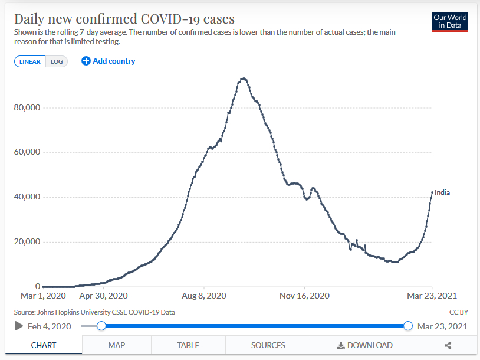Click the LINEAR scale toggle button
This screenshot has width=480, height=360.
pyautogui.click(x=30, y=61)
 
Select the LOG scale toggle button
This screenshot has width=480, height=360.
pyautogui.click(x=57, y=61)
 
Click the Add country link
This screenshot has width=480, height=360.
pyautogui.click(x=109, y=61)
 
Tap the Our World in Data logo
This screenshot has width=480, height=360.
pyautogui.click(x=450, y=22)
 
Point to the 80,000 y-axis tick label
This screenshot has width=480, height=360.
pyautogui.click(x=27, y=108)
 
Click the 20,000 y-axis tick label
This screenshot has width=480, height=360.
pyautogui.click(x=27, y=241)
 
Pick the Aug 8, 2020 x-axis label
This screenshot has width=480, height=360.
pyautogui.click(x=203, y=296)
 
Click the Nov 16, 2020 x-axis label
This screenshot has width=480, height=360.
pyautogui.click(x=304, y=296)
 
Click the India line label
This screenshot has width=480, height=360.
pyautogui.click(x=442, y=192)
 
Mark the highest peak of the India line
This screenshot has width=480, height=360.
pyautogui.click(x=243, y=78)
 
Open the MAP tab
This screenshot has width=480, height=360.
pyautogui.click(x=116, y=345)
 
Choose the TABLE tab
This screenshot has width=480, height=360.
pyautogui.click(x=188, y=345)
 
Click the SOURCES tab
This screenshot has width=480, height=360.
pyautogui.click(x=268, y=345)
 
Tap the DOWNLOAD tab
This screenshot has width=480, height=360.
pyautogui.click(x=364, y=345)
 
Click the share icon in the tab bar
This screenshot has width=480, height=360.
pyautogui.click(x=448, y=345)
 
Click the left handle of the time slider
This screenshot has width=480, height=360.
pyautogui.click(x=101, y=326)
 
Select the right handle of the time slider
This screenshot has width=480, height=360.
pyautogui.click(x=408, y=326)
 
